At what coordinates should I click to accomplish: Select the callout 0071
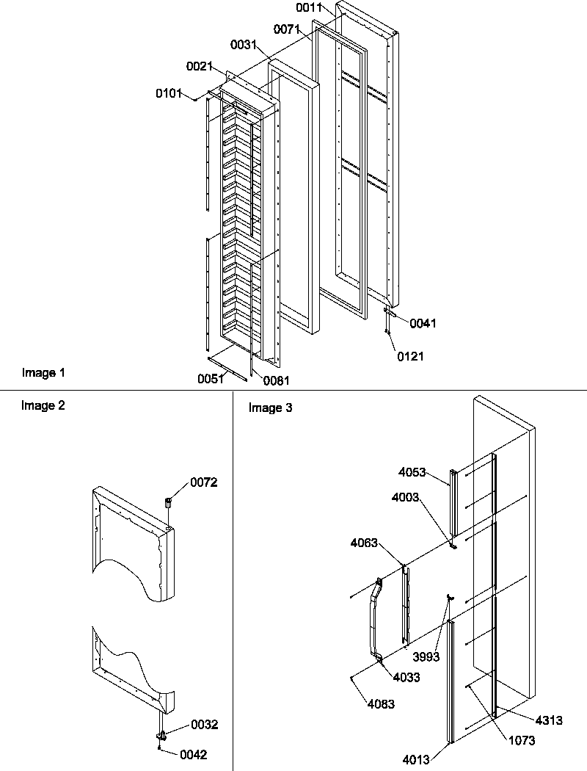[287, 29]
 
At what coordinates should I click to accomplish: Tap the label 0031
[244, 46]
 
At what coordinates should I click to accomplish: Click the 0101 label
[169, 94]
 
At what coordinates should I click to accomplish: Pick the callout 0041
[423, 323]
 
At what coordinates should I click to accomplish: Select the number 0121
[410, 357]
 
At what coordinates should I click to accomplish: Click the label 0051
[210, 380]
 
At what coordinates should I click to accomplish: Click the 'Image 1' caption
[43, 373]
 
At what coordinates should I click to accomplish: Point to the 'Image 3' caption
[270, 408]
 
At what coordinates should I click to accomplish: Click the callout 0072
[204, 482]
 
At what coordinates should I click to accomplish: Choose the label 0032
[204, 725]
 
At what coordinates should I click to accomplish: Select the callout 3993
[426, 657]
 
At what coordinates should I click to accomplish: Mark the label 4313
[549, 721]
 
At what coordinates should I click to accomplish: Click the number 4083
[382, 704]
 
